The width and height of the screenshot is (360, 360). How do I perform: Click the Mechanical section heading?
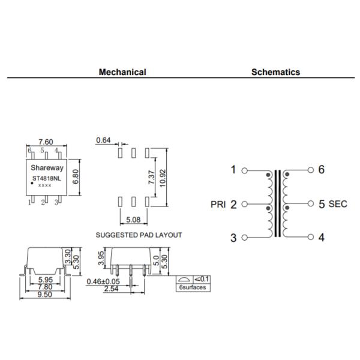(122, 72)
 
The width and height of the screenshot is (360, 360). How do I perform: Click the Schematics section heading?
(275, 72)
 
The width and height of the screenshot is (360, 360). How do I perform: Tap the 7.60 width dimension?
(46, 142)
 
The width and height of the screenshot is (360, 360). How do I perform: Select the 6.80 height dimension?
(76, 177)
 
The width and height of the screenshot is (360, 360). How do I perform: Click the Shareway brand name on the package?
(47, 168)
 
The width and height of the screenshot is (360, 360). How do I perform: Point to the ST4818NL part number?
(47, 178)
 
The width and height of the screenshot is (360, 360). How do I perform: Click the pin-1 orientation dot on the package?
(32, 183)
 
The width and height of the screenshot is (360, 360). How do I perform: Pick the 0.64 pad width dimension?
(103, 140)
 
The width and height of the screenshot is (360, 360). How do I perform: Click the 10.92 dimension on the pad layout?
(163, 178)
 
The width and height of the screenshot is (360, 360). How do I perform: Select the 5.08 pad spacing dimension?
(133, 220)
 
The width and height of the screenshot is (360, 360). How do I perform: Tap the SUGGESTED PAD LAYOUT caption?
(139, 235)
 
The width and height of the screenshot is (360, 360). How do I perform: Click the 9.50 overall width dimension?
(45, 295)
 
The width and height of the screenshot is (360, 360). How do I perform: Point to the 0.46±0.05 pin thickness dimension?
(103, 281)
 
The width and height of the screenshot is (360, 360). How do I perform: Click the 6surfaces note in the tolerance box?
(193, 287)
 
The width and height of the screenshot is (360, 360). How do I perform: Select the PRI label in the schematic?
(218, 204)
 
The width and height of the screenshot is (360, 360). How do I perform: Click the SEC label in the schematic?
(338, 204)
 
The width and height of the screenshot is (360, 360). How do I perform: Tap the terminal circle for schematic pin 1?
(245, 170)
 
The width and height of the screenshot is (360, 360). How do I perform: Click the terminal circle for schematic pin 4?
(311, 237)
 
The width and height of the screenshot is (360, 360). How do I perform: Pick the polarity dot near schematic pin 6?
(287, 175)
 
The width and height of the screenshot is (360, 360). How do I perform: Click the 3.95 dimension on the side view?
(101, 258)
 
